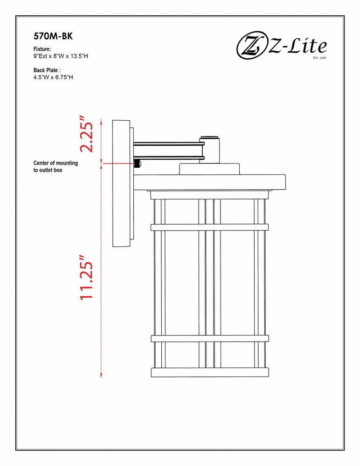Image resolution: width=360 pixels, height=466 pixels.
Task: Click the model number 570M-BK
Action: click(x=53, y=36)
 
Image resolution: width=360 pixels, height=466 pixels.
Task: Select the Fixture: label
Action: click(x=42, y=49)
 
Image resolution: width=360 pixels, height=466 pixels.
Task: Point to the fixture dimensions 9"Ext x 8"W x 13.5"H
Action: click(x=61, y=56)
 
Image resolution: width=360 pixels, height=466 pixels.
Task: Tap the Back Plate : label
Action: click(x=47, y=70)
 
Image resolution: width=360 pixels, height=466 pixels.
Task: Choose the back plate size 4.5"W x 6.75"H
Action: click(x=53, y=77)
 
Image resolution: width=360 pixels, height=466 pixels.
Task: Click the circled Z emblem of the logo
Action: click(x=251, y=46)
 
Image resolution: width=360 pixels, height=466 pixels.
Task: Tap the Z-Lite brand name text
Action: click(x=298, y=46)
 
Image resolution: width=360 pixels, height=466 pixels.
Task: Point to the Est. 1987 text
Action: click(x=319, y=57)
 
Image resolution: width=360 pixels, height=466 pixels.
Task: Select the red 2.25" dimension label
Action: click(x=87, y=134)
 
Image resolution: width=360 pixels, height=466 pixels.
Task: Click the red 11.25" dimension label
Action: click(x=87, y=277)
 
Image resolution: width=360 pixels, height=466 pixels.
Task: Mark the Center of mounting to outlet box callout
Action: click(x=55, y=166)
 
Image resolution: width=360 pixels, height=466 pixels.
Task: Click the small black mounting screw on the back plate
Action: click(x=138, y=163)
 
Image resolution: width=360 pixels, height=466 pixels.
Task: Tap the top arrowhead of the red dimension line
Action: click(x=101, y=121)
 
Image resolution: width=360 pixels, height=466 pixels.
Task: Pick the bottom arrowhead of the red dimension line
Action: click(x=101, y=376)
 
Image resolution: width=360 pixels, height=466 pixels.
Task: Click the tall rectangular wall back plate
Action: click(x=121, y=183)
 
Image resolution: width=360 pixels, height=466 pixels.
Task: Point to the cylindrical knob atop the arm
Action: click(x=209, y=150)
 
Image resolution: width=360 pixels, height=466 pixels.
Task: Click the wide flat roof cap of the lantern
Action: click(x=209, y=182)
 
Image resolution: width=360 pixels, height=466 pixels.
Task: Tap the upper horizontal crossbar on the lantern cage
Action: click(x=209, y=227)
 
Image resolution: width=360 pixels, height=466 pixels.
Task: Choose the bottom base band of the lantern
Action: click(x=210, y=373)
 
